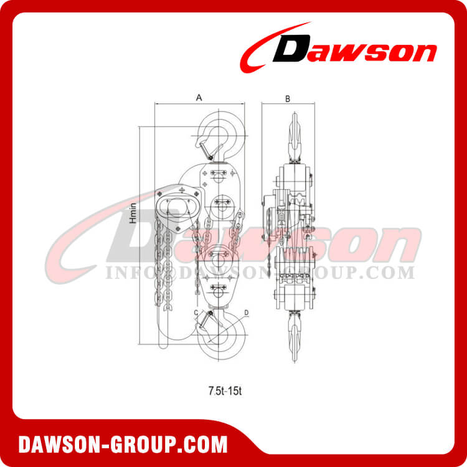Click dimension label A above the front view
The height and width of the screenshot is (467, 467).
[x=199, y=97]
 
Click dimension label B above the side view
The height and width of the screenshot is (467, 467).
[x=287, y=98]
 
